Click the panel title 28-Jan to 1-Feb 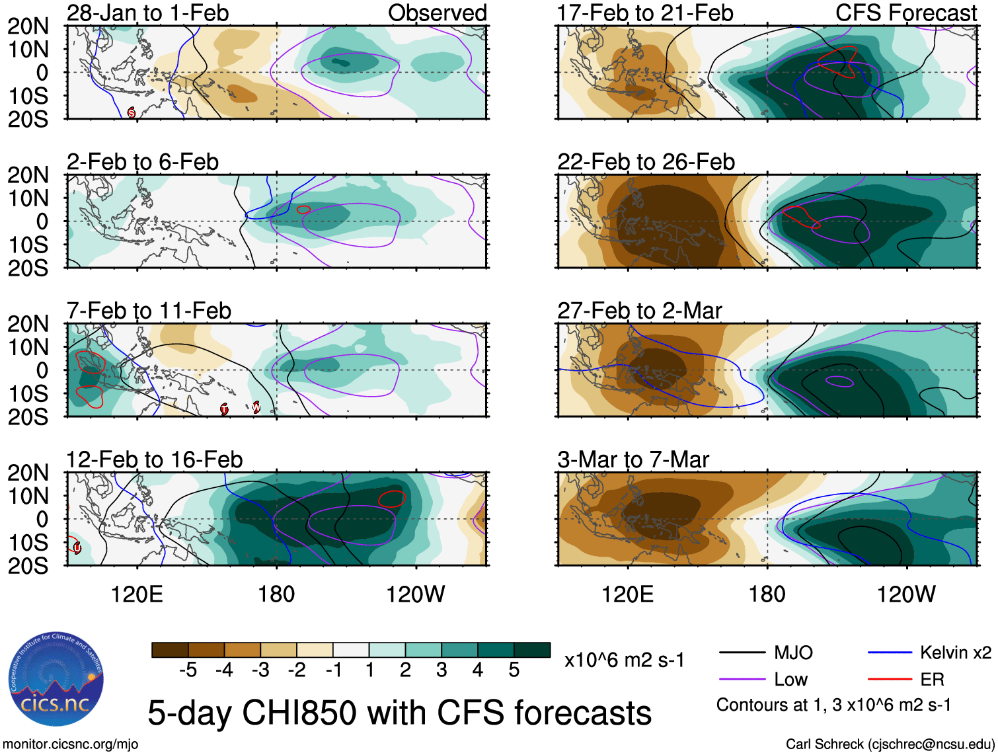tap(147, 13)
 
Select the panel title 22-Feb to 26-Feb tap(646, 162)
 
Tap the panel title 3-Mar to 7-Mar tap(633, 459)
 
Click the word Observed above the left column tap(437, 13)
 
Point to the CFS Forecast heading tap(905, 13)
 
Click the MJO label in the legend tap(793, 653)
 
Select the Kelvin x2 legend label tap(955, 653)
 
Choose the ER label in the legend tap(932, 679)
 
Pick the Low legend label tap(790, 679)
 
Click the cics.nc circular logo tap(56, 679)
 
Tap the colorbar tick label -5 tap(188, 670)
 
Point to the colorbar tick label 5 tap(514, 670)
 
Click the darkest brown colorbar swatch tap(170, 650)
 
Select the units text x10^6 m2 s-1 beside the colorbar tap(624, 660)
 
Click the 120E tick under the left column tap(137, 594)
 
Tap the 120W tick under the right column tap(905, 594)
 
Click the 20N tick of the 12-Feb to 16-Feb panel tap(28, 473)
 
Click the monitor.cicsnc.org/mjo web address tap(71, 744)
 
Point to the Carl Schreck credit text tap(890, 744)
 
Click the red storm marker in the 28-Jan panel tap(131, 112)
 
